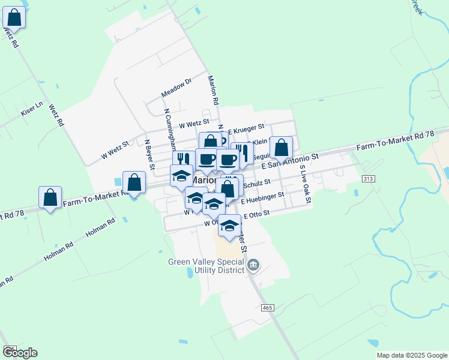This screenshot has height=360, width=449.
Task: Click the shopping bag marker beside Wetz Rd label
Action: pyautogui.click(x=14, y=17)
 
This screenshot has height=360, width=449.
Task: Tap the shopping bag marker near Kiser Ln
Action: pyautogui.click(x=50, y=197)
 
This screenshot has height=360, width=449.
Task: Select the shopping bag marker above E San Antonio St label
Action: pyautogui.click(x=281, y=146)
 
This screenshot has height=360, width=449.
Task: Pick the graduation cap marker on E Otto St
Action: pyautogui.click(x=229, y=226)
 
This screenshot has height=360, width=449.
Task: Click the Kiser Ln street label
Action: pyautogui.click(x=32, y=108)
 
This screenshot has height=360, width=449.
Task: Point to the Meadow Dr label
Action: pyautogui.click(x=176, y=90)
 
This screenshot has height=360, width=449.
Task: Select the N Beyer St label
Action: pyautogui.click(x=149, y=155)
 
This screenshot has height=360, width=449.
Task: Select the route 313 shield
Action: pyautogui.click(x=369, y=179)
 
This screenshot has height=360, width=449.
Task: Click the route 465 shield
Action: pyautogui.click(x=268, y=307)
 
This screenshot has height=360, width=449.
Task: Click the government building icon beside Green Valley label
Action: pyautogui.click(x=253, y=265)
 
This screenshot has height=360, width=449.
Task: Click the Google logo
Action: pyautogui.click(x=20, y=353)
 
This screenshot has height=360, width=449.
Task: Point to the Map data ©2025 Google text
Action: pyautogui.click(x=411, y=355)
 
